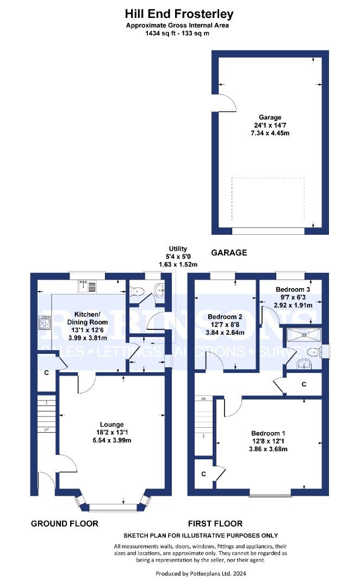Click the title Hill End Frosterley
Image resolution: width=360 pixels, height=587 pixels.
click(179, 14)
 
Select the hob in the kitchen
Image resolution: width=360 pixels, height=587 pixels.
click(44, 323)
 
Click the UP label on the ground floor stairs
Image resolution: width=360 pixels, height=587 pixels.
click(47, 429)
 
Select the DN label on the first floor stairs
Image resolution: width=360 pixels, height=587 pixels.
click(204, 399)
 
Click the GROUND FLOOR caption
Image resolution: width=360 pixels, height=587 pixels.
click(64, 524)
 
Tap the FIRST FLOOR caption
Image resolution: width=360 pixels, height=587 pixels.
click(215, 524)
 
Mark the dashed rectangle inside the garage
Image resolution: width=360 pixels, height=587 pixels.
click(268, 199)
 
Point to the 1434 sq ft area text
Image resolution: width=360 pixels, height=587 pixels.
click(157, 33)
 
